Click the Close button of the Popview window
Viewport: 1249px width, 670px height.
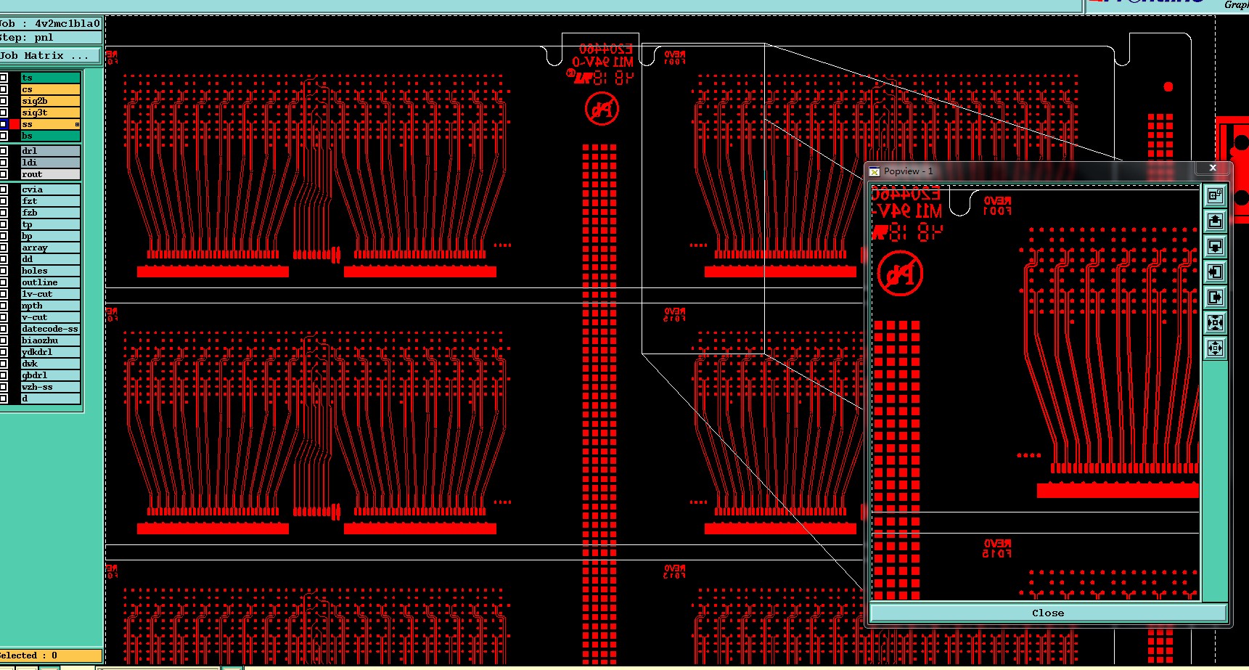point(1047,613)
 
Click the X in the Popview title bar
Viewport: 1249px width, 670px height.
point(1212,168)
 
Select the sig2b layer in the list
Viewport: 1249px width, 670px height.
point(49,101)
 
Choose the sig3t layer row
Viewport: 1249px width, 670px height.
point(49,113)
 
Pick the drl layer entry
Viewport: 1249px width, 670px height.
point(49,151)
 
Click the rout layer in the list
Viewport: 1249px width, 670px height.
point(49,174)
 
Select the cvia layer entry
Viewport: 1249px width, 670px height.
point(49,189)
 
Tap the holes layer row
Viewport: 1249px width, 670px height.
point(49,271)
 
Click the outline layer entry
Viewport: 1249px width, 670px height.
point(49,282)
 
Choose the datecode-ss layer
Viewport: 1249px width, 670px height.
point(49,329)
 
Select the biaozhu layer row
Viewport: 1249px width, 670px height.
point(49,340)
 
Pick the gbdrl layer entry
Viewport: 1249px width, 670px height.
point(49,375)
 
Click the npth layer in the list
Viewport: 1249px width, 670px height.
point(49,306)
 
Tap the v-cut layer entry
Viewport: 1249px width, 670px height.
point(49,317)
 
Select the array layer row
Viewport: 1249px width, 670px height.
point(49,248)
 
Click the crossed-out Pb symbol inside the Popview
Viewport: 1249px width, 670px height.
point(900,274)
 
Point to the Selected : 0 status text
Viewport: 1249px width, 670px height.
point(29,655)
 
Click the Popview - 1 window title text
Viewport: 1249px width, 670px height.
point(908,171)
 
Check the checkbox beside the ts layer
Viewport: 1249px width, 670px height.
point(4,78)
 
